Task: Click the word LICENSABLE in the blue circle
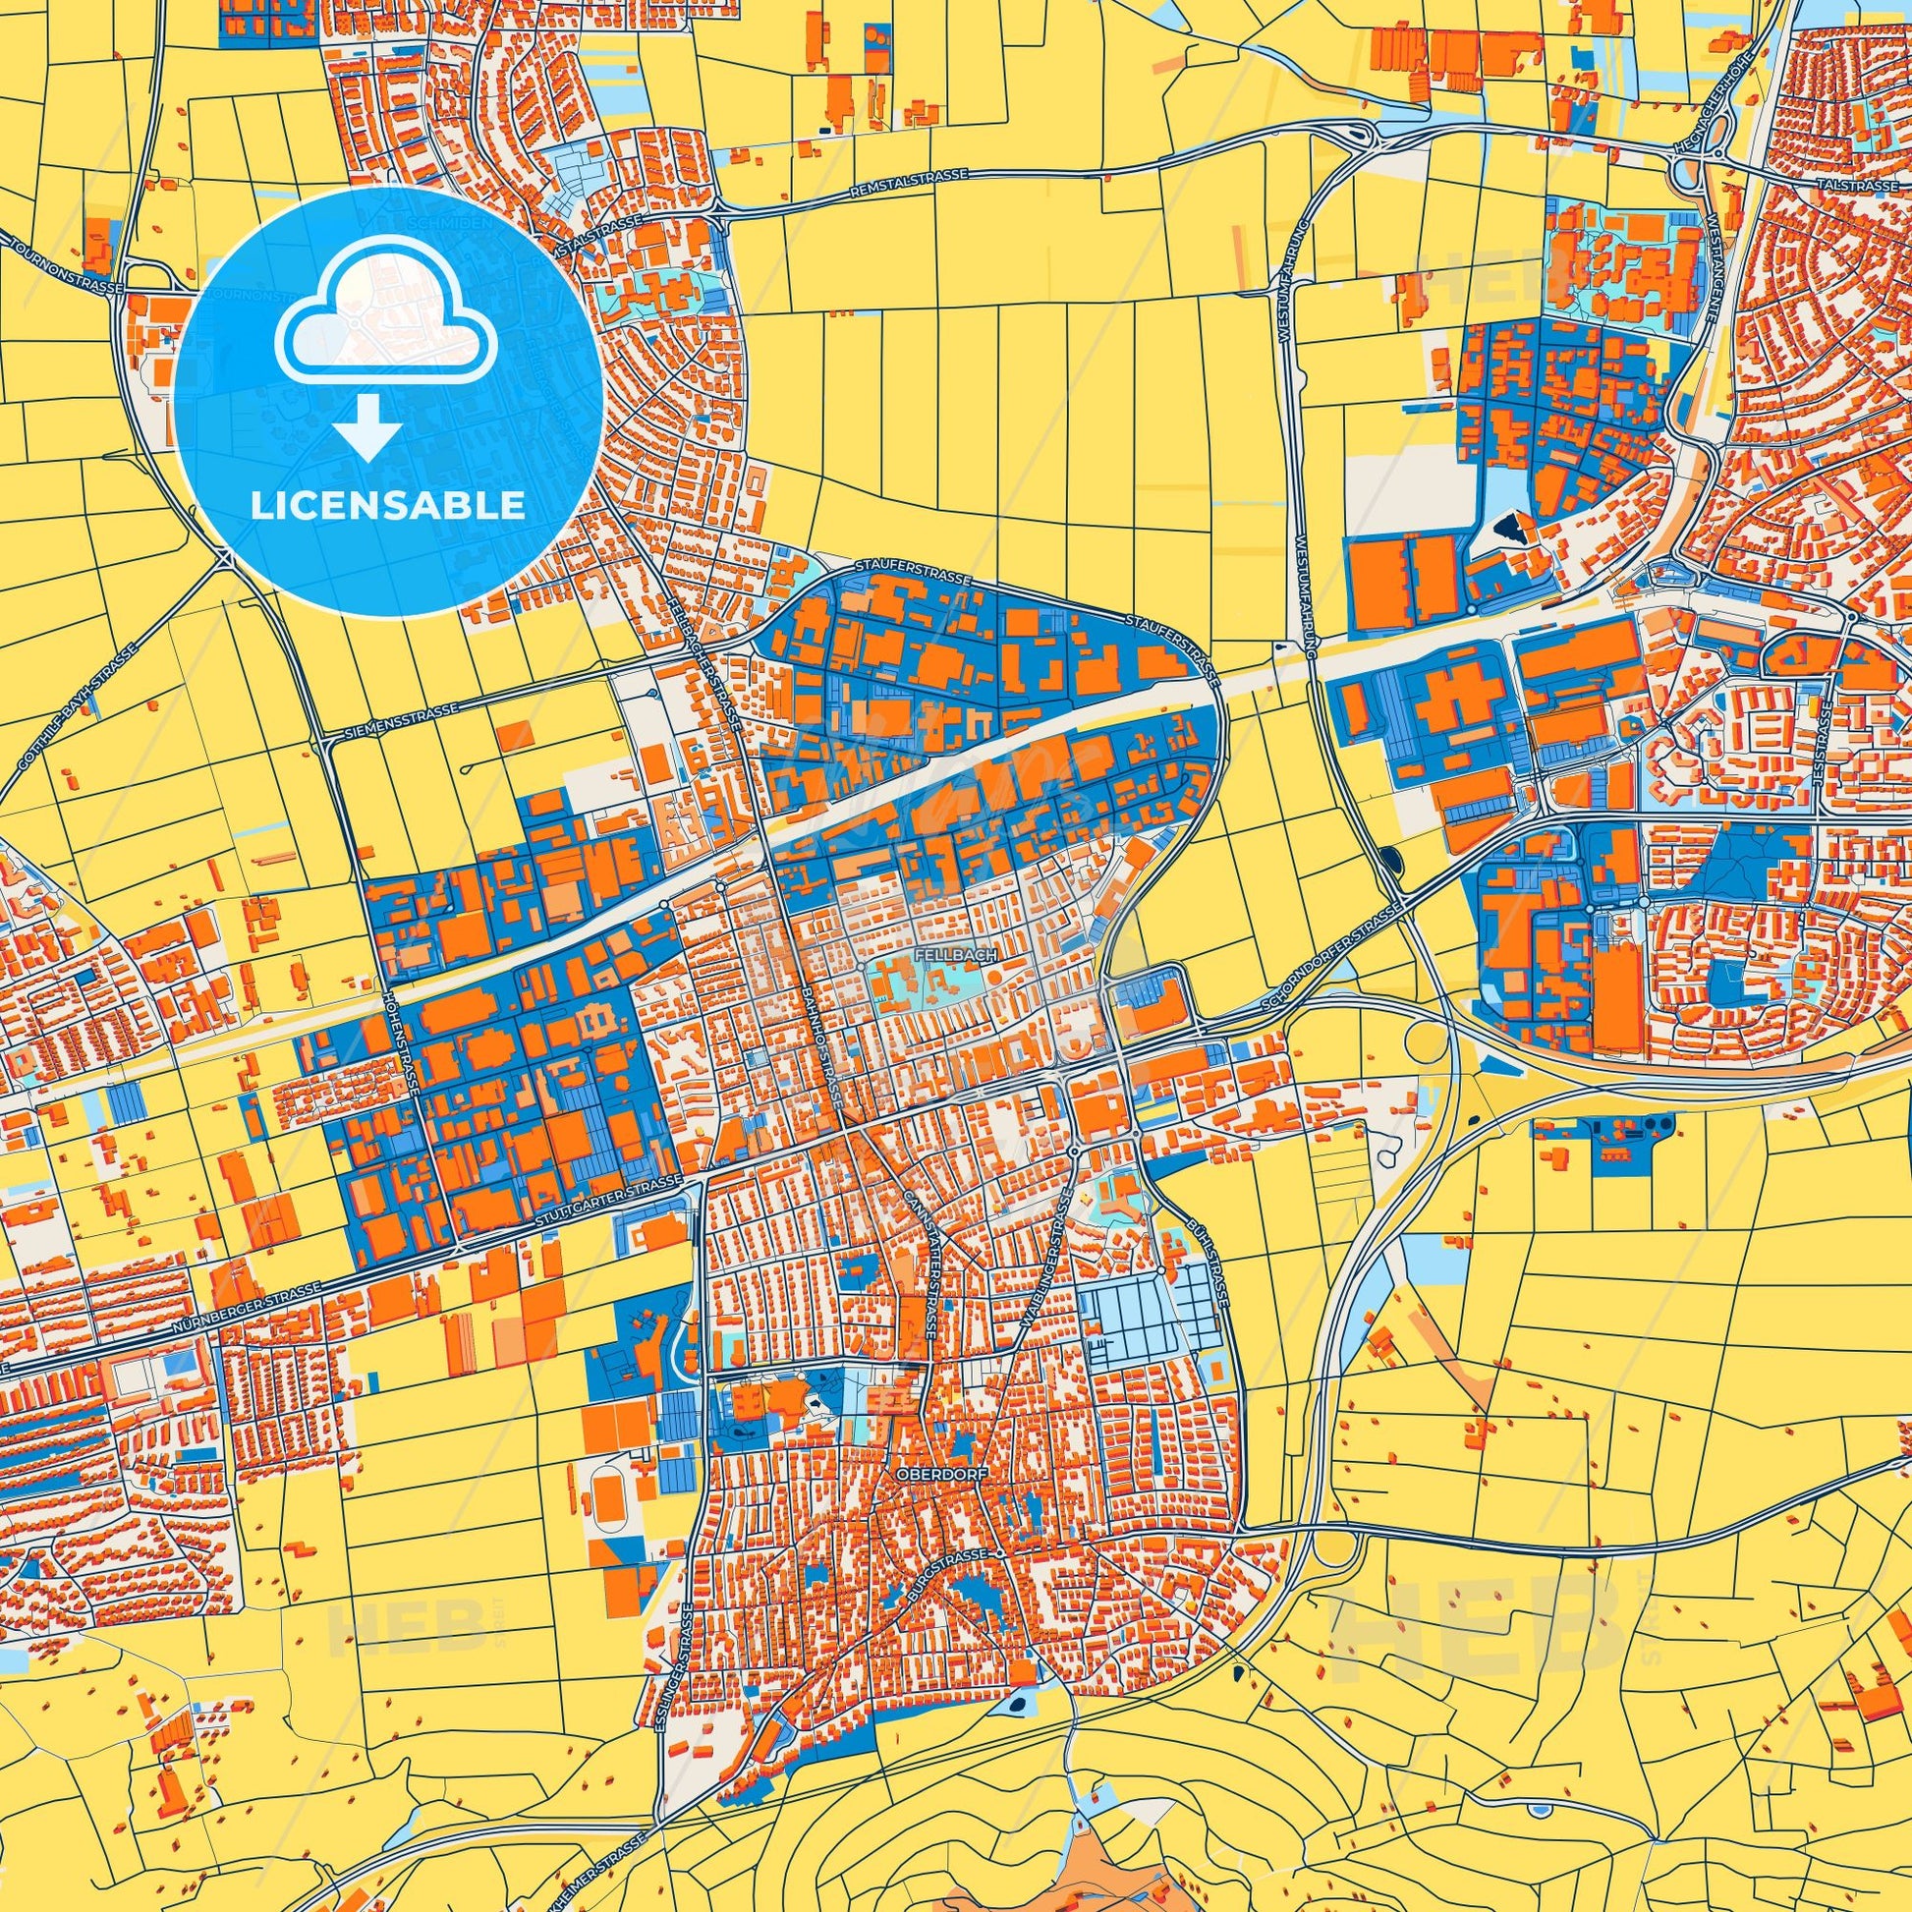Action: click(388, 505)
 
